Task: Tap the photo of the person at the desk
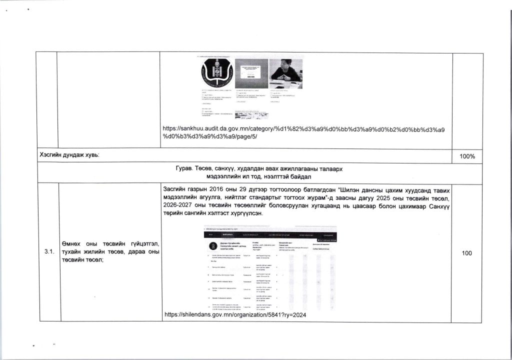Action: [x=285, y=70]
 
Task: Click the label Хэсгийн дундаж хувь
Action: [x=69, y=156]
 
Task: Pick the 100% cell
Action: [x=467, y=156]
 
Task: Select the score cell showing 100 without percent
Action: [x=467, y=253]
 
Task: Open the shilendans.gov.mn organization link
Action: [x=235, y=315]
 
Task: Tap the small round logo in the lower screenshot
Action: [x=213, y=246]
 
